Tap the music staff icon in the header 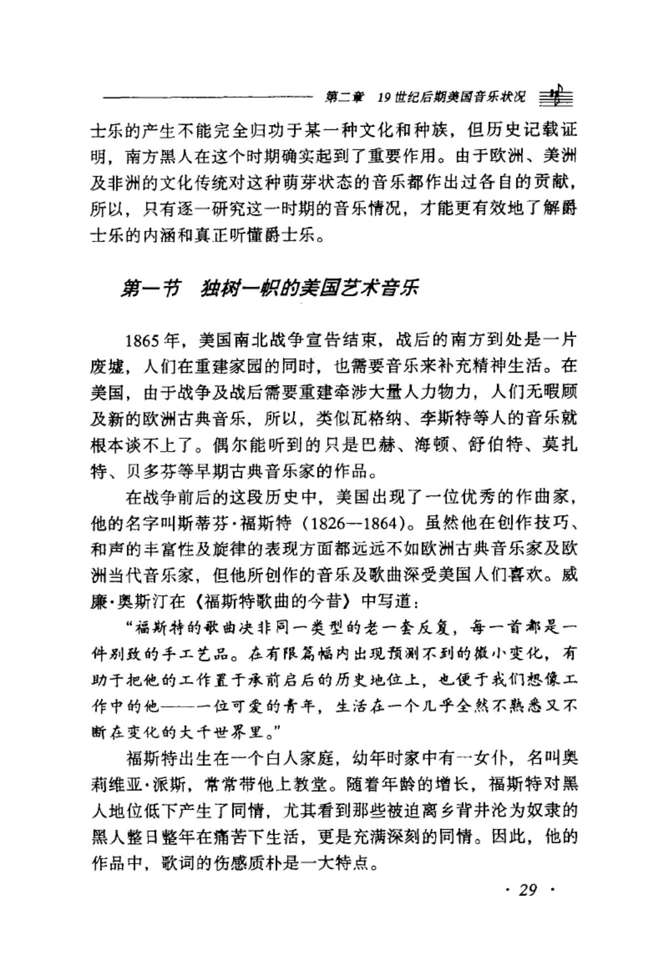pos(556,97)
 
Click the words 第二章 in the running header pos(344,97)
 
